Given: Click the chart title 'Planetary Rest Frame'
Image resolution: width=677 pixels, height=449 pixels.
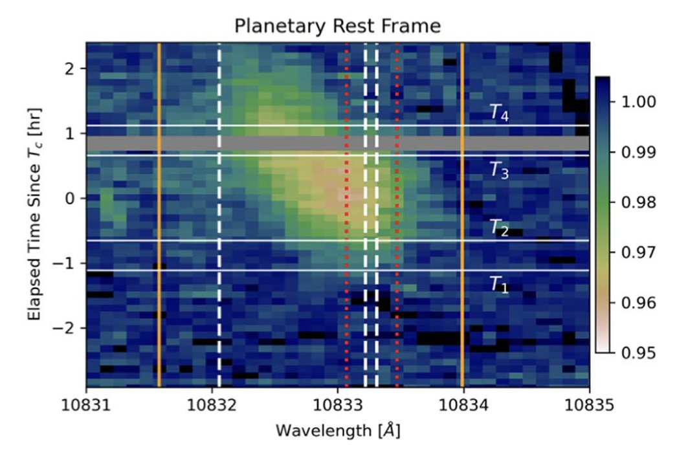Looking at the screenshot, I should click(x=337, y=26).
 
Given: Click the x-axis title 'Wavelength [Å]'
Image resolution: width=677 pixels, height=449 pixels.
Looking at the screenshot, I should click(x=337, y=430).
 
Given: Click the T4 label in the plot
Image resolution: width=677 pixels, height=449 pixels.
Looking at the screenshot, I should click(x=498, y=113).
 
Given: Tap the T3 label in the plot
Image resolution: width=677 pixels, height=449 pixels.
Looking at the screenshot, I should click(x=498, y=171).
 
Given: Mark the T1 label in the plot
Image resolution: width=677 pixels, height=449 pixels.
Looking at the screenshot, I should click(x=498, y=284).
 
